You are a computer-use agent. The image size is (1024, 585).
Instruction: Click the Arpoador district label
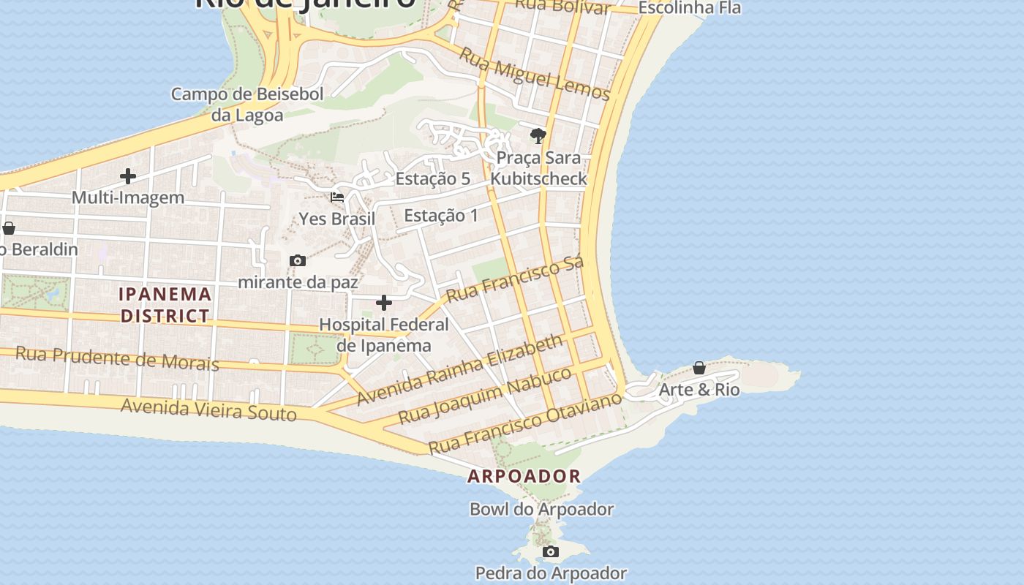[x=524, y=476]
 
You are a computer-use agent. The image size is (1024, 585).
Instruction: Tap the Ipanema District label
[x=165, y=305]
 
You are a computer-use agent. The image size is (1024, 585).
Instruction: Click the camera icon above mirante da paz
[x=298, y=261]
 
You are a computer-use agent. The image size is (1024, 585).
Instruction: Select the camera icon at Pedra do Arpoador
[x=551, y=552]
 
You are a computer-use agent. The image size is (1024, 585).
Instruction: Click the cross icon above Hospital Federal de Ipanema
[x=384, y=303]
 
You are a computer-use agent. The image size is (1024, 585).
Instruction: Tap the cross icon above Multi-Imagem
[x=128, y=176]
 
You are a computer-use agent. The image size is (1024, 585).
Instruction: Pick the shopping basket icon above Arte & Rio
[x=699, y=368]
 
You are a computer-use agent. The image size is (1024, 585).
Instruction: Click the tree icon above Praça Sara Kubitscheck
[x=538, y=136]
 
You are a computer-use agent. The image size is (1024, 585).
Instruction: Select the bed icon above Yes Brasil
[x=337, y=197]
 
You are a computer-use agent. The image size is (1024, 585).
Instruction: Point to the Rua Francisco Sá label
[x=514, y=279]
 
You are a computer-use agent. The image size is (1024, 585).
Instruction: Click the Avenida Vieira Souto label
[x=208, y=409]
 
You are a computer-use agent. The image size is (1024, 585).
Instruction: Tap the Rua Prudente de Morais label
[x=117, y=358]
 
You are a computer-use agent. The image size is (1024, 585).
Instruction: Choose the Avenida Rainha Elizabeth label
[x=460, y=369]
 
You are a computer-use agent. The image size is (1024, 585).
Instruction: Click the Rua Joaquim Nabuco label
[x=484, y=396]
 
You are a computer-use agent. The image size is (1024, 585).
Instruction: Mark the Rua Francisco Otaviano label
[x=524, y=422]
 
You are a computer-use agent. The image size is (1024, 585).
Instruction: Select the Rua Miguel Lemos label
[x=534, y=73]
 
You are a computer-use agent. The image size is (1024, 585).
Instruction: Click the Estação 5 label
[x=432, y=178]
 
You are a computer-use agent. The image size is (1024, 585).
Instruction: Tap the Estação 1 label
[x=440, y=215]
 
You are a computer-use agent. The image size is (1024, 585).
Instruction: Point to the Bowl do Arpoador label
[x=541, y=509]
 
